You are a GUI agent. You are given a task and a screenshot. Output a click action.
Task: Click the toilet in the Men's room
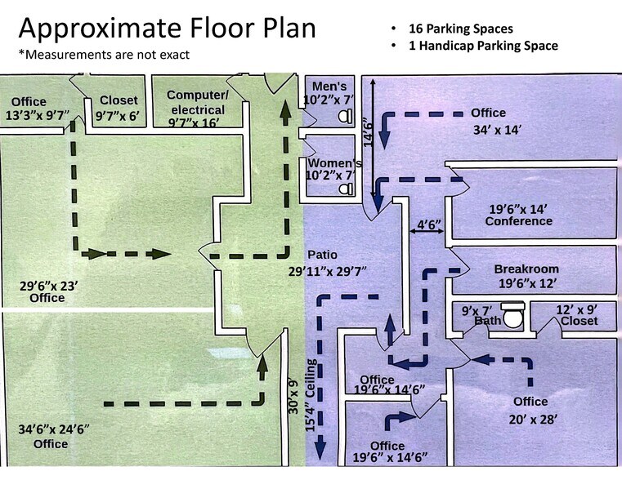pos(346,116)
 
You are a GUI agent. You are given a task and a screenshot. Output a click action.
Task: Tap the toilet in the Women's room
pos(347,189)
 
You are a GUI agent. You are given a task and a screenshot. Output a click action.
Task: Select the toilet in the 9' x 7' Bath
pos(513,315)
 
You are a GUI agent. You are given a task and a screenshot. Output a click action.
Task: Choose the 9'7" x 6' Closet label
pos(119,108)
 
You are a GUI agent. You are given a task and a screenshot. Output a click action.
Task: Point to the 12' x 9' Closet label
pos(579,315)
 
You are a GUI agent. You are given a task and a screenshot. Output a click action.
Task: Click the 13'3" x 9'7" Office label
pos(38,109)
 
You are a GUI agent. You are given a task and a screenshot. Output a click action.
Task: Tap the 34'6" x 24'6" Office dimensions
pos(54,429)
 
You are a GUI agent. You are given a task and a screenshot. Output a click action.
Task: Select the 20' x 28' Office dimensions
pos(533,419)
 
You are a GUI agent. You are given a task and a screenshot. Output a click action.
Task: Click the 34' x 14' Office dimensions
pos(497,130)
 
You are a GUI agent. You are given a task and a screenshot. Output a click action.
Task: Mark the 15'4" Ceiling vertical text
pos(311,395)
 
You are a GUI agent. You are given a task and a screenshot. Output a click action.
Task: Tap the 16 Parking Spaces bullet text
pos(460,29)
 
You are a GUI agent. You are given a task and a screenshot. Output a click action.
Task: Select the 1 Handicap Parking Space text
pos(483,46)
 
